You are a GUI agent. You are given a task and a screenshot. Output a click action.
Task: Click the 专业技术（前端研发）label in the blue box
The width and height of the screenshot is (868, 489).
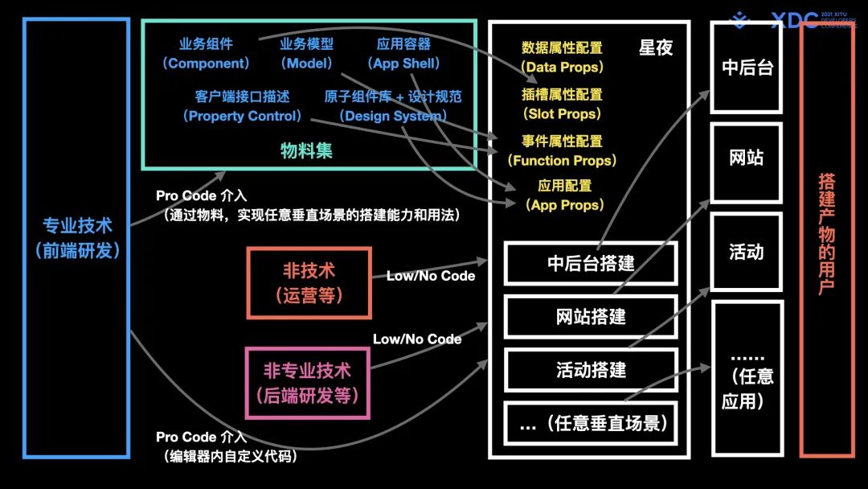[x=77, y=238]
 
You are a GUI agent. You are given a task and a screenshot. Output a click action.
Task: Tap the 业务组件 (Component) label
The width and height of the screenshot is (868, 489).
[x=207, y=54]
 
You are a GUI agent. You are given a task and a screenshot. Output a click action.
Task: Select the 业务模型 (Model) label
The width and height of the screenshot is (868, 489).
[x=306, y=54]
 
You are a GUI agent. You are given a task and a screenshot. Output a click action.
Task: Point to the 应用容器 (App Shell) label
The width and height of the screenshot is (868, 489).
[x=403, y=54]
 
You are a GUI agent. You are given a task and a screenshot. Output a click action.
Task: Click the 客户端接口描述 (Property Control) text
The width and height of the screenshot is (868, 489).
[x=242, y=106]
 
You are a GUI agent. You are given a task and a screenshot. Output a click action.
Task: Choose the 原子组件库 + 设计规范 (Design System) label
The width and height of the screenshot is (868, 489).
[x=393, y=106]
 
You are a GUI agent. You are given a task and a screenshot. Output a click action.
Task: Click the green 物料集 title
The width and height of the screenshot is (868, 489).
[x=306, y=150]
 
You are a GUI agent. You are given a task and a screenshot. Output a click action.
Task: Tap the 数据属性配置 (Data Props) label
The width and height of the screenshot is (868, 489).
[x=562, y=57]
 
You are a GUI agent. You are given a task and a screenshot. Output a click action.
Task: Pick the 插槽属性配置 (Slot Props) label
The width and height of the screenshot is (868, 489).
[x=562, y=105]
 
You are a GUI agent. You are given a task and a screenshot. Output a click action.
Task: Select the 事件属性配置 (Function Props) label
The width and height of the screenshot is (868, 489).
[x=562, y=150]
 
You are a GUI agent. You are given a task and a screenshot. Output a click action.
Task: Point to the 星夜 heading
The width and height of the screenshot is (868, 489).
[x=655, y=47]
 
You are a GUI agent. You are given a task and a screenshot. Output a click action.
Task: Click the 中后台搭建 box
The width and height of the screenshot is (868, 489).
[x=591, y=263]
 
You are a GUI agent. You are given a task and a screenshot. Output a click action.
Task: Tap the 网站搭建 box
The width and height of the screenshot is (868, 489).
[x=591, y=316]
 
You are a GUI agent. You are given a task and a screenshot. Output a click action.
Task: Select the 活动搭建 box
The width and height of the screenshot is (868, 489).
[x=591, y=370]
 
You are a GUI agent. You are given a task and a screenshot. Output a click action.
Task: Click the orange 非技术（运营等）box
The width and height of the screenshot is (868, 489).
[x=309, y=282]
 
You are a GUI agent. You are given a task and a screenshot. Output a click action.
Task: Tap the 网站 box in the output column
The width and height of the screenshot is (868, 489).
[x=746, y=158]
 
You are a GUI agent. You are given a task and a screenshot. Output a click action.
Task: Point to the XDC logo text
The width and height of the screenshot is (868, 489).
[x=794, y=21]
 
